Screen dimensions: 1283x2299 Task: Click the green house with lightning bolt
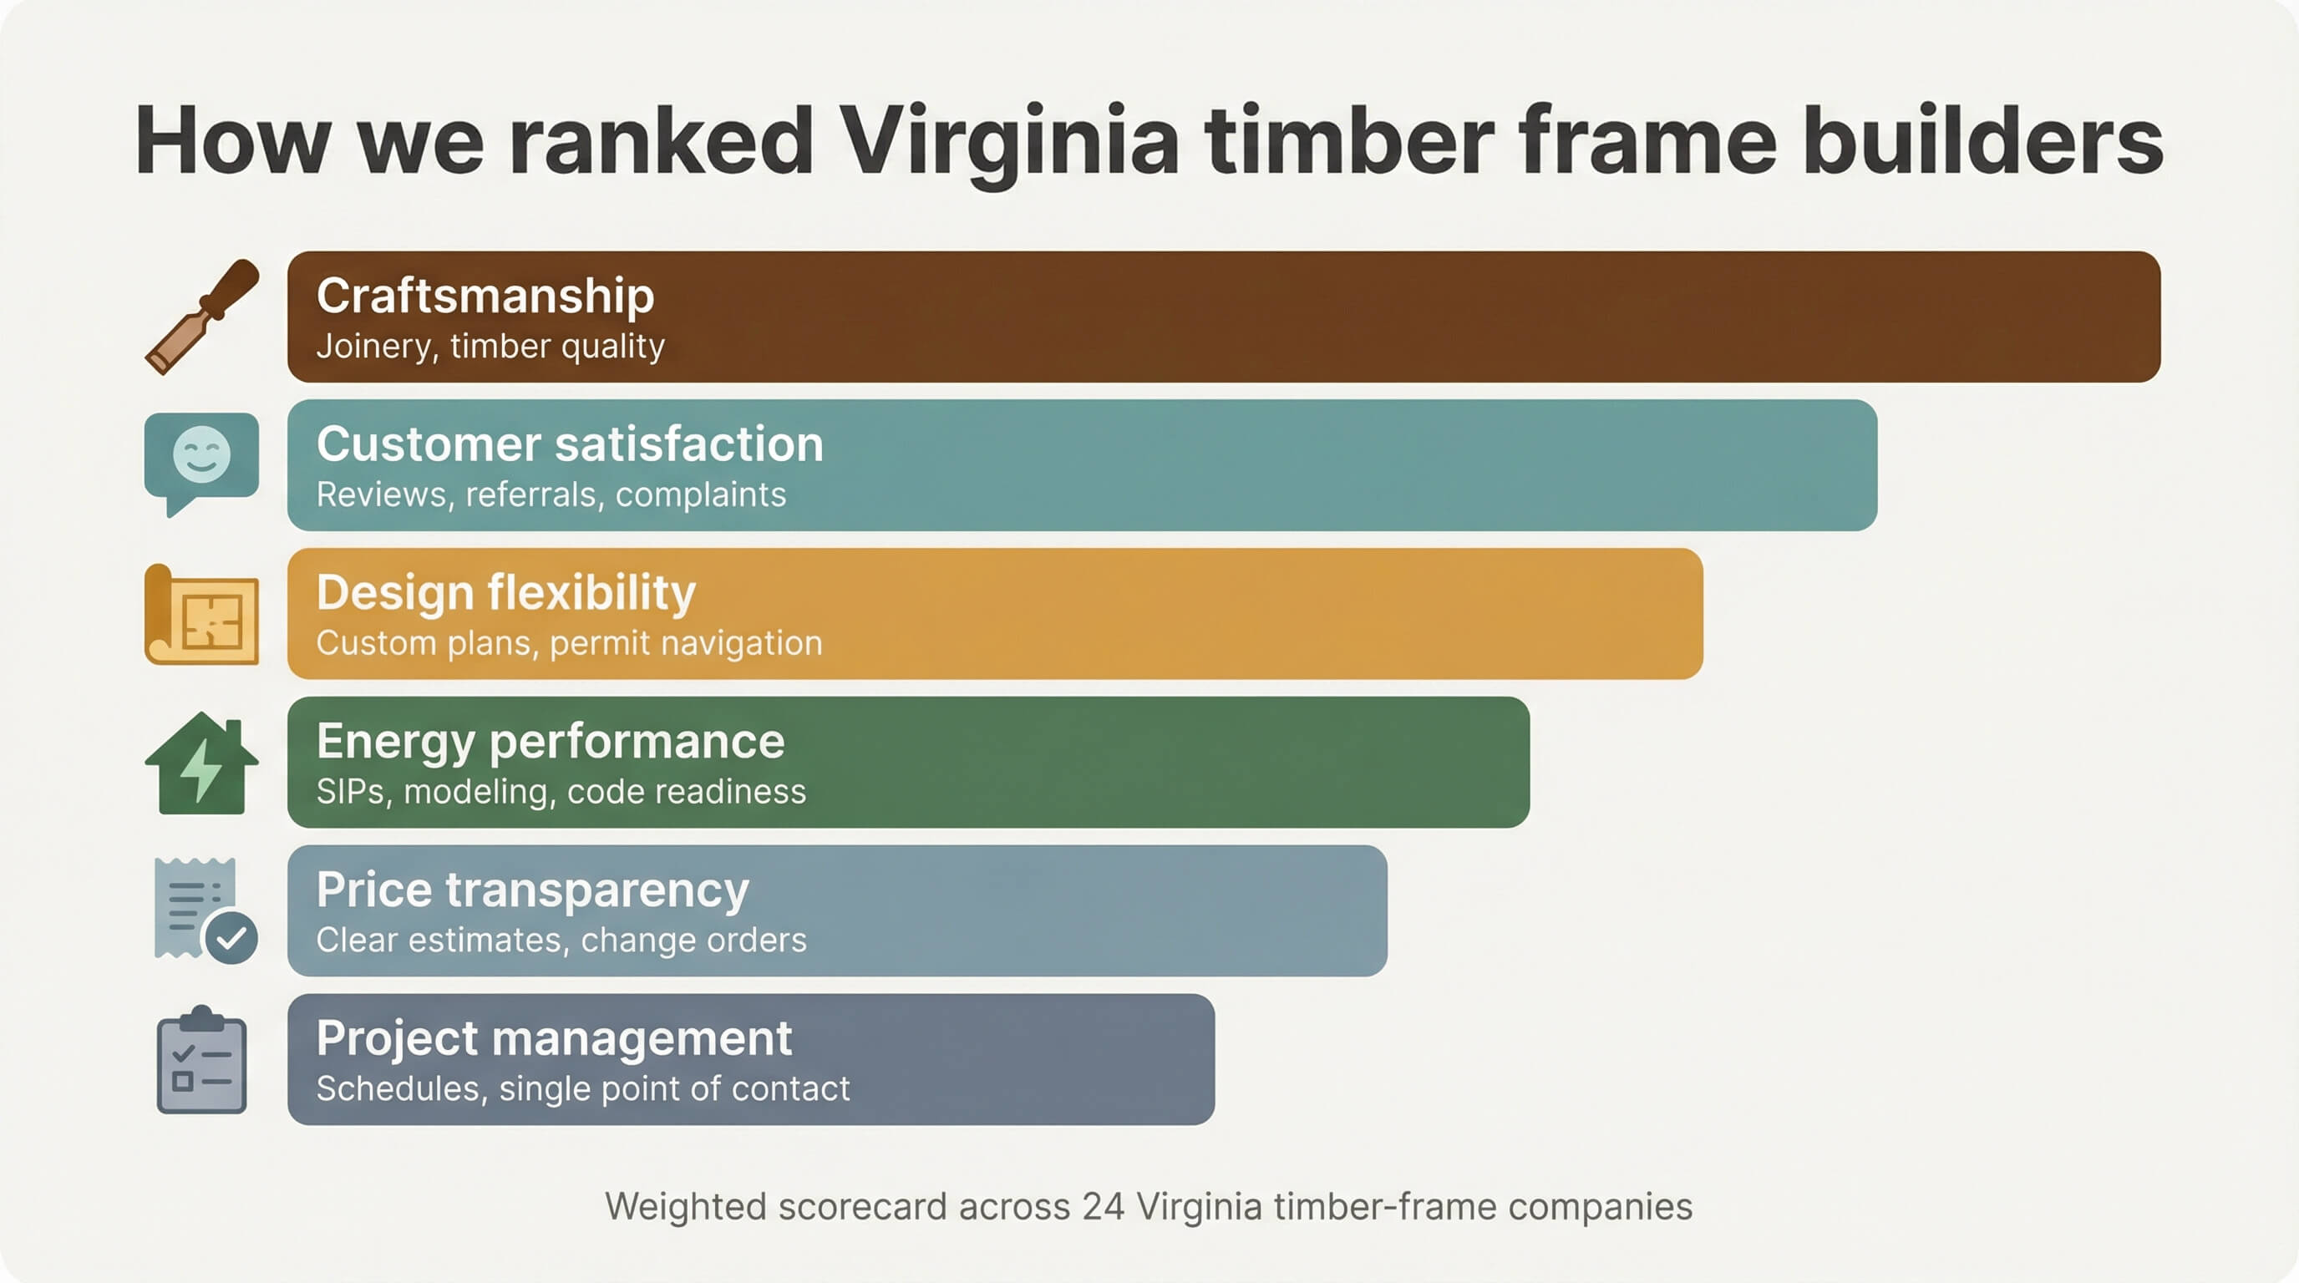[201, 763]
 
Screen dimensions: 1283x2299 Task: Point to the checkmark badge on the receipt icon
[231, 937]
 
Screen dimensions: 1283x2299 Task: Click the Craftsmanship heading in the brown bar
[485, 296]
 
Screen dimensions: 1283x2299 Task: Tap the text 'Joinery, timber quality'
[490, 346]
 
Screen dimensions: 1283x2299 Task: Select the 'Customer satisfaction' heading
[570, 444]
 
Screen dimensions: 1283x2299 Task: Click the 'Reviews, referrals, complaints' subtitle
[551, 494]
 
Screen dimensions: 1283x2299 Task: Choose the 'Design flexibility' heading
[505, 592]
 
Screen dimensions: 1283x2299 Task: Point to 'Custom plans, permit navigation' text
[569, 643]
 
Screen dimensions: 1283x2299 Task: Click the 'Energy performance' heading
[550, 741]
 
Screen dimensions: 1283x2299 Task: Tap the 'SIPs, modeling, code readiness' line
[561, 791]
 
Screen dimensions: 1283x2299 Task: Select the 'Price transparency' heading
[532, 890]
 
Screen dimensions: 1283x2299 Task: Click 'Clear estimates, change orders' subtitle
[561, 940]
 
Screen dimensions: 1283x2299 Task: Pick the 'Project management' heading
[553, 1037]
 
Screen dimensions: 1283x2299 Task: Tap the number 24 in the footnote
[1103, 1206]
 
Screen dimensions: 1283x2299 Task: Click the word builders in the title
[1982, 141]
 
